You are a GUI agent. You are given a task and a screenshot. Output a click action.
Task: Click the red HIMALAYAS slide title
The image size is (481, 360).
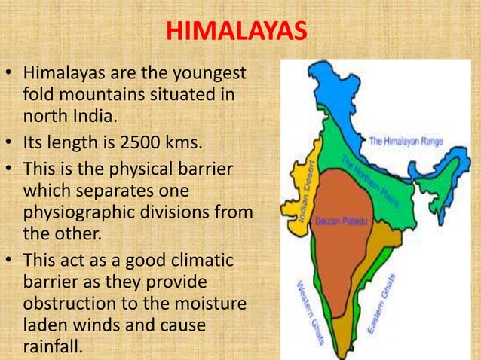click(x=236, y=32)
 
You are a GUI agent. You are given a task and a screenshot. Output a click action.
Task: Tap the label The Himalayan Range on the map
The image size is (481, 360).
click(x=406, y=141)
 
